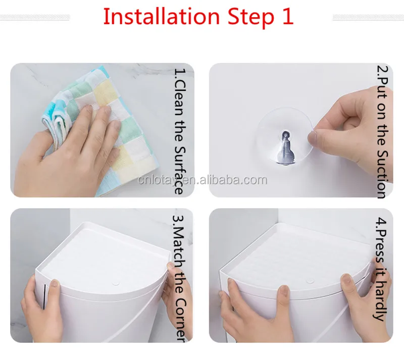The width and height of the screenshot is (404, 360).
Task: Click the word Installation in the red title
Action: pos(161,16)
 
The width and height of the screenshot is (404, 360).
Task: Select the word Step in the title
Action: pos(250,18)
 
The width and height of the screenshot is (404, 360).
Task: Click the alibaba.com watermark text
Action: pos(203,180)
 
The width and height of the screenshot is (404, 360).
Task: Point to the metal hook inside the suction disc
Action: pos(285,148)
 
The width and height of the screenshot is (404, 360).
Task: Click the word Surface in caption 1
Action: pos(179,170)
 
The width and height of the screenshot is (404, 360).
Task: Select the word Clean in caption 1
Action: pos(179,98)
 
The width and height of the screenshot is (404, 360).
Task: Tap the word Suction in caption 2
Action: pos(382,174)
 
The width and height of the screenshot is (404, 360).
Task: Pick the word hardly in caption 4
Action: pos(381,300)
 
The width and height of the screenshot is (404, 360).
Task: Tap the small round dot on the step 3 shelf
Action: pos(116,284)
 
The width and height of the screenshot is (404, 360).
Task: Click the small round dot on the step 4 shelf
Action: pos(310,280)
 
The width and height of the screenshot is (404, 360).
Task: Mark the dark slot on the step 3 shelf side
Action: pos(44,296)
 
